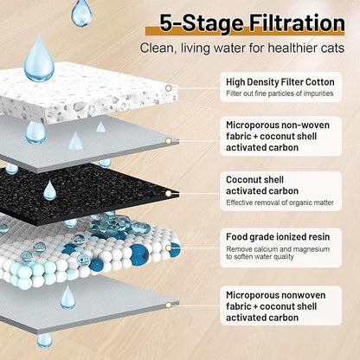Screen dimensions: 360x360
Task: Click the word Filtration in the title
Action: pyautogui.click(x=297, y=23)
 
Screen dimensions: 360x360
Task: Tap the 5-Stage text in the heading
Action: pyautogui.click(x=202, y=23)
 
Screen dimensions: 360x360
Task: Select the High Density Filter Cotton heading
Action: pyautogui.click(x=280, y=82)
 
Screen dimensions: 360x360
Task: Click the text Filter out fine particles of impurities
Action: pyautogui.click(x=280, y=93)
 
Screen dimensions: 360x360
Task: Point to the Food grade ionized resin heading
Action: pyautogui.click(x=278, y=237)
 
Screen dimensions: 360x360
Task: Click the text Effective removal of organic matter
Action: pyautogui.click(x=280, y=202)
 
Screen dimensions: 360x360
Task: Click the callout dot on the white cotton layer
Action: pyautogui.click(x=169, y=88)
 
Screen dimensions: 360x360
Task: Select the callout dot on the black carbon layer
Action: pyautogui.click(x=169, y=194)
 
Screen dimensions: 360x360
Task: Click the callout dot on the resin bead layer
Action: pyautogui.click(x=169, y=247)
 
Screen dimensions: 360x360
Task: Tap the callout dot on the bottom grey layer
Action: pyautogui.click(x=169, y=305)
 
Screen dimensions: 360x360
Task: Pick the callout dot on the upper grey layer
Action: pyautogui.click(x=169, y=141)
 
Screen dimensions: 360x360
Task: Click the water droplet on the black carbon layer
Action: pyautogui.click(x=49, y=191)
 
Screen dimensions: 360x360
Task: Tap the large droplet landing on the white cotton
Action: pyautogui.click(x=39, y=60)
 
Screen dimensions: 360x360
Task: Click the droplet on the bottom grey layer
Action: pyautogui.click(x=68, y=299)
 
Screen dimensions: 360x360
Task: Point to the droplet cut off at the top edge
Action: pyautogui.click(x=81, y=13)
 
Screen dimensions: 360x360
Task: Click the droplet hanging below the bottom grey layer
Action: pyautogui.click(x=45, y=340)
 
